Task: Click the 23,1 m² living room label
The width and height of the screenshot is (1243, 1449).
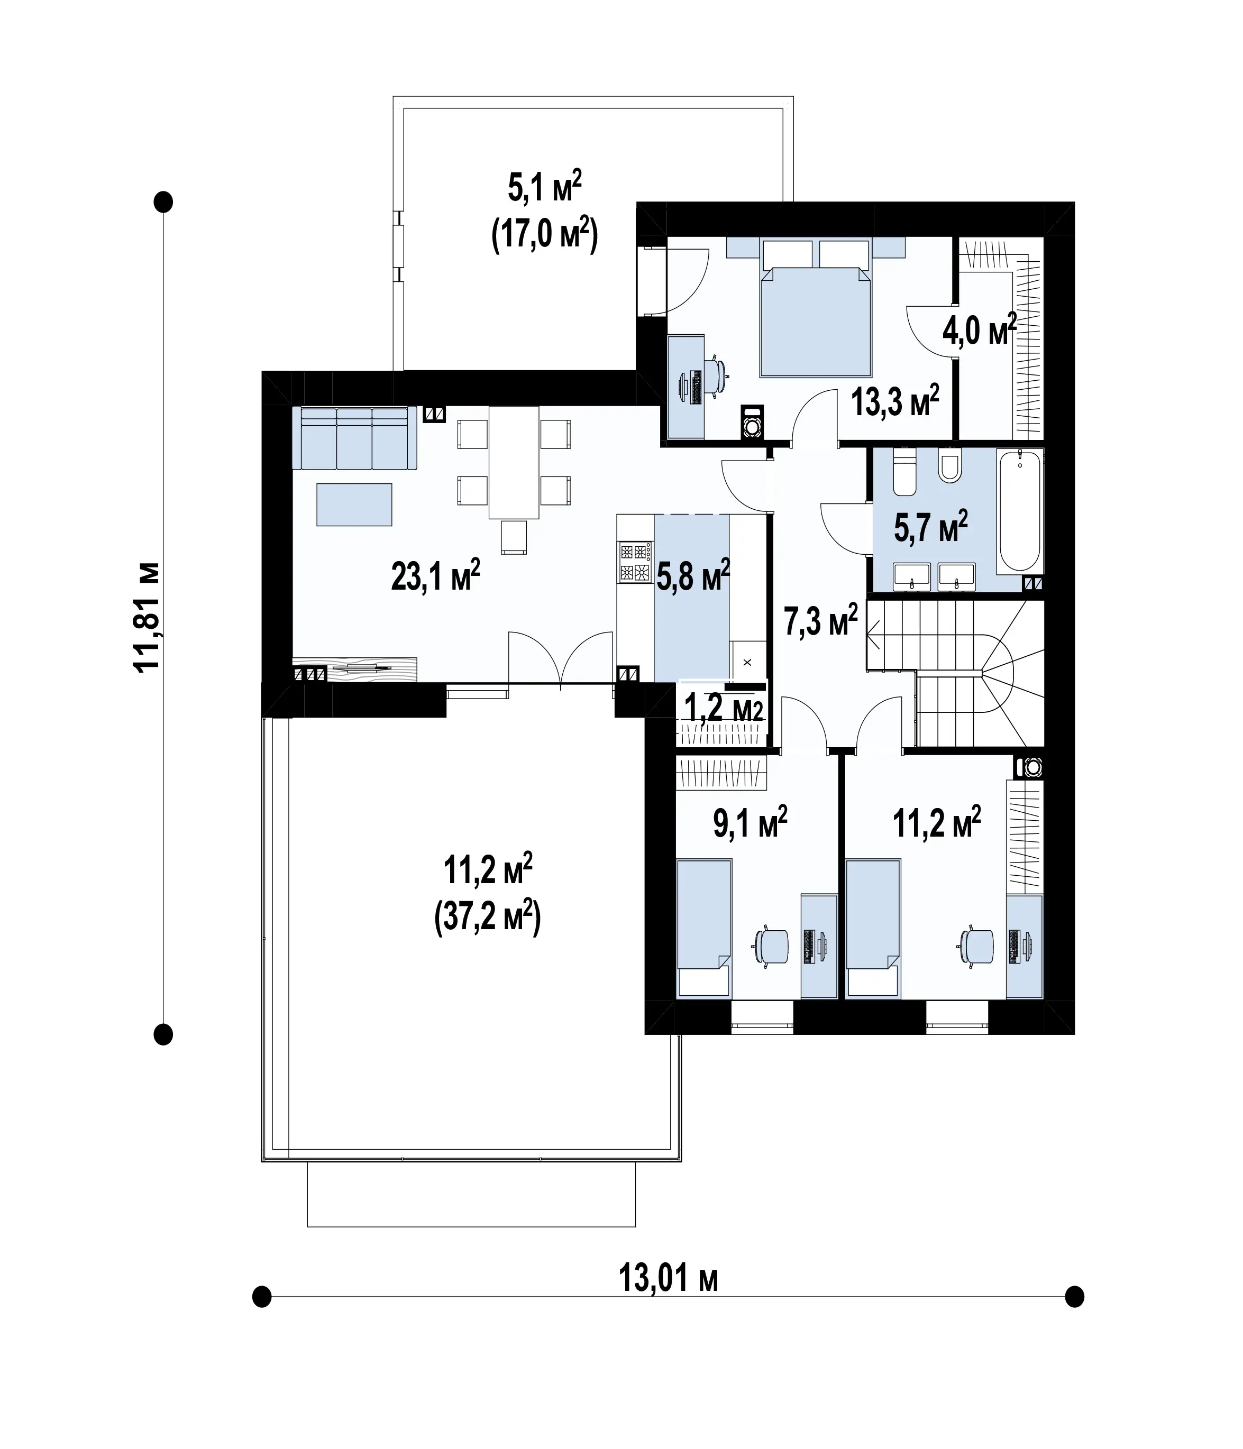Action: point(435,575)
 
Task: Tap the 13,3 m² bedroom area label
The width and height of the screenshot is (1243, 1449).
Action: point(894,401)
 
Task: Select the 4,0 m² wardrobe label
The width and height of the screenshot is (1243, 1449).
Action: point(979,329)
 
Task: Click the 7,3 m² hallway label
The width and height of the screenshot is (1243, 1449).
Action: point(820,620)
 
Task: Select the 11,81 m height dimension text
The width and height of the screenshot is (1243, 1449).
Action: point(148,616)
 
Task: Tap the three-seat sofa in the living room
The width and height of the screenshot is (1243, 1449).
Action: point(354,438)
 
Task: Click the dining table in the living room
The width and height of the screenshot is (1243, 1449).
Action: point(514,463)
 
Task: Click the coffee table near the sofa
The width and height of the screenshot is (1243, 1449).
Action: point(354,504)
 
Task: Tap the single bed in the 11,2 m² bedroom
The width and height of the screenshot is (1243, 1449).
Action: point(873,927)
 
